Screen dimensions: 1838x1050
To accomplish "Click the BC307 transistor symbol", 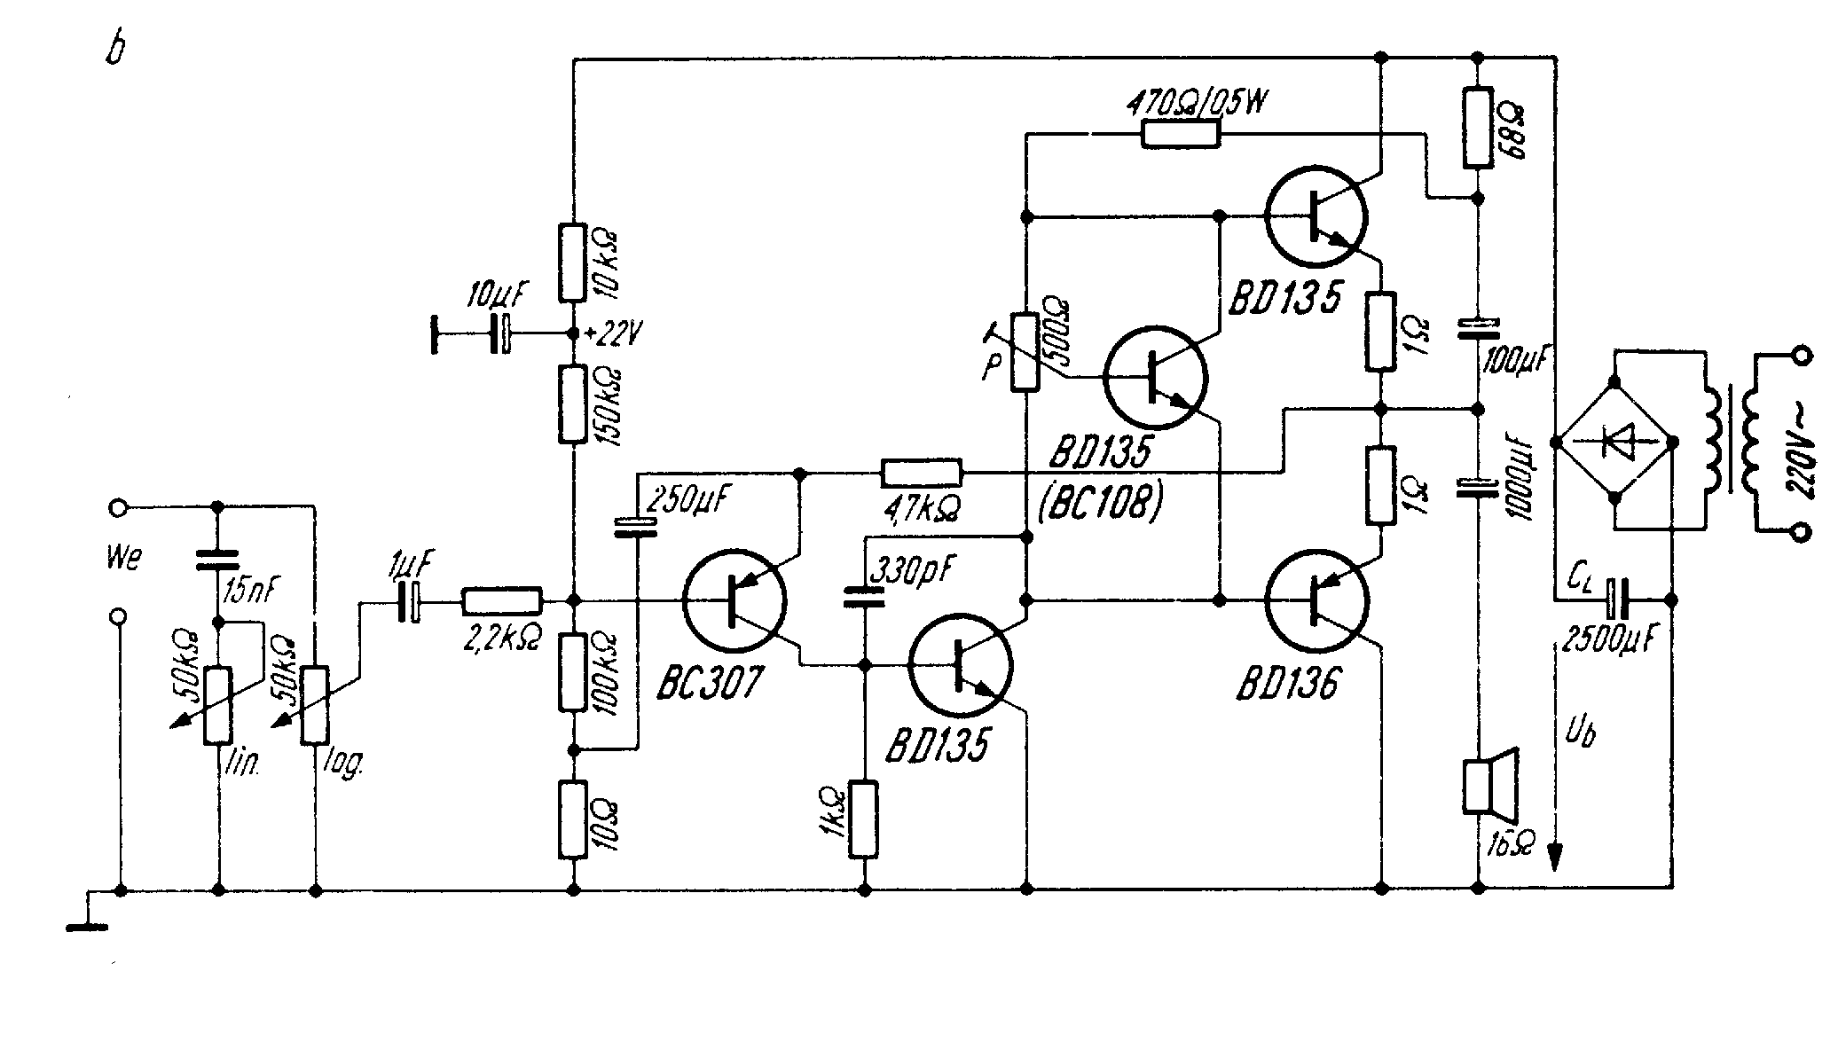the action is point(734,601).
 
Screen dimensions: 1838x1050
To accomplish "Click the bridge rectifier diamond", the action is point(1614,441).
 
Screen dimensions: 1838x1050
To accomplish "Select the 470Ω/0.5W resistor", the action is point(1180,134).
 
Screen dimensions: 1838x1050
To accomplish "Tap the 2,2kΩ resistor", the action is point(501,601).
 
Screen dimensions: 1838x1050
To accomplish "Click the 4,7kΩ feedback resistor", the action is point(921,473).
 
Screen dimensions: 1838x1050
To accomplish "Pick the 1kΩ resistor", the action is point(864,819).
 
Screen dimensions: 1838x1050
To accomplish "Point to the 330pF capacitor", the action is point(863,597).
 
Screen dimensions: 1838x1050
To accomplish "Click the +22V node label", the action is point(612,335).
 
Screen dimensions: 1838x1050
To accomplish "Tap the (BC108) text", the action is point(1099,505).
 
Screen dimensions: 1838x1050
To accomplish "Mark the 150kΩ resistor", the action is point(573,404).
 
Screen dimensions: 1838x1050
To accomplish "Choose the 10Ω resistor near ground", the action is point(573,819).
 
